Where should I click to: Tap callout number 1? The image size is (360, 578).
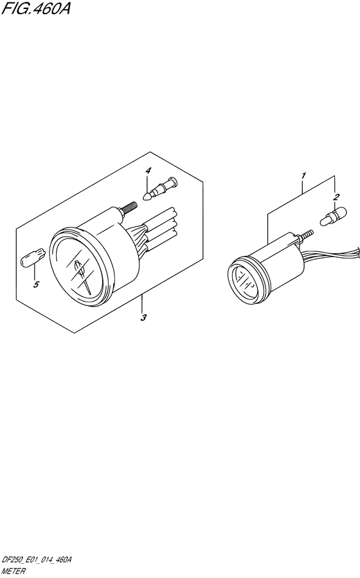point(303,176)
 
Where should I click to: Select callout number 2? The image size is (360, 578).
point(336,197)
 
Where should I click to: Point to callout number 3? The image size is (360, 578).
point(143,318)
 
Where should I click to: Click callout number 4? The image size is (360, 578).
point(148,170)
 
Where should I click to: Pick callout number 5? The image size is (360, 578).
point(36,284)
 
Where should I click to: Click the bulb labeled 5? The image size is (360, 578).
point(33,257)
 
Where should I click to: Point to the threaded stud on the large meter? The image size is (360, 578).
point(127,208)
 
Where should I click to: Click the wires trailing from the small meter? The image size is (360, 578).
point(331,255)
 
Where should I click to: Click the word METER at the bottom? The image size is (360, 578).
point(14,572)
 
